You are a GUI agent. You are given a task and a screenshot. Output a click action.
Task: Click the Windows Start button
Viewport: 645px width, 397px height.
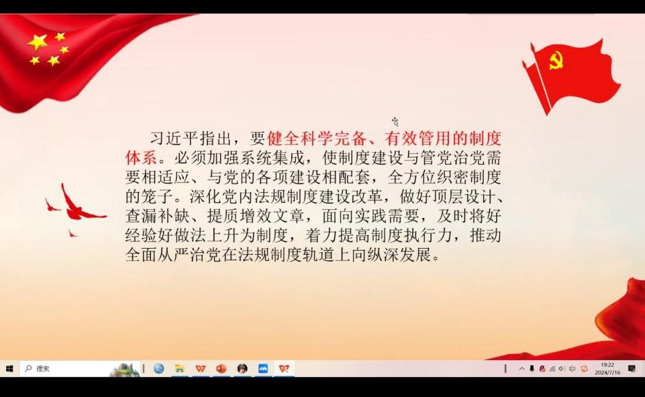coord(10,368)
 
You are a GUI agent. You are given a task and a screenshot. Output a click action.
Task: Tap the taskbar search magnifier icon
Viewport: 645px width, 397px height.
coord(29,368)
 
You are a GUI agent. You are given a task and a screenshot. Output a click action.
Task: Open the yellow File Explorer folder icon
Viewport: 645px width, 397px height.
coord(179,368)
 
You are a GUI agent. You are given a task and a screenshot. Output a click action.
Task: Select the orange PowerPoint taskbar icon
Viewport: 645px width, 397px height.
coord(221,368)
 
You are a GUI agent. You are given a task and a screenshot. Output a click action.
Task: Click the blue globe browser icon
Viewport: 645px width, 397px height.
coord(159,368)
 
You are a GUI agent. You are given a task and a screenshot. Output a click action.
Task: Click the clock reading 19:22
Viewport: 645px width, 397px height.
coord(607,365)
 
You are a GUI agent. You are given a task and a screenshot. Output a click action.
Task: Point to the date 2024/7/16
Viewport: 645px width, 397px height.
coord(607,372)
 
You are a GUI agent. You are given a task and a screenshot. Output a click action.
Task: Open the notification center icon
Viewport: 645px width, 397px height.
coord(632,368)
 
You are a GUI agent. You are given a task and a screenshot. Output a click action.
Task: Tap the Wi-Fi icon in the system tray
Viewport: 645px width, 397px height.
coord(552,369)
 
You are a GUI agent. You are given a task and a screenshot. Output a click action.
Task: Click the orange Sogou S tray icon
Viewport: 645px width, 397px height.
coord(584,368)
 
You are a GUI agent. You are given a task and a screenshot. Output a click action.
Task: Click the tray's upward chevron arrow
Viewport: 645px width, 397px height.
coord(521,368)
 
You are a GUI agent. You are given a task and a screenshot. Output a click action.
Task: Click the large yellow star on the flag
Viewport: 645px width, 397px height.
coord(38,42)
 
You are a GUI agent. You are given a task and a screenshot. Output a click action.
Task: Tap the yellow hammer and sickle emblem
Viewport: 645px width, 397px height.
coord(555,61)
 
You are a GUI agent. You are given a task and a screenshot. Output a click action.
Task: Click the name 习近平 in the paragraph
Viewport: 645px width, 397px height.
coord(174,139)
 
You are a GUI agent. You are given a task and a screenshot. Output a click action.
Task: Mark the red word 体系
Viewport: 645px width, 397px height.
coord(141,158)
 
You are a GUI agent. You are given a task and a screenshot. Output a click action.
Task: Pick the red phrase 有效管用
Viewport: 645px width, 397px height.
coord(418,139)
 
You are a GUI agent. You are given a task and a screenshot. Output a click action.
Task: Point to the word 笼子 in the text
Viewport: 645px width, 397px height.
coord(157,197)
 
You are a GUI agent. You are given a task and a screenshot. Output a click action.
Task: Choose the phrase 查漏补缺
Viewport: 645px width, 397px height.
coord(157,216)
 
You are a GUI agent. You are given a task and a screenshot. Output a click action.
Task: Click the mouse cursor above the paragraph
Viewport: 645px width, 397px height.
coord(396,122)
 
